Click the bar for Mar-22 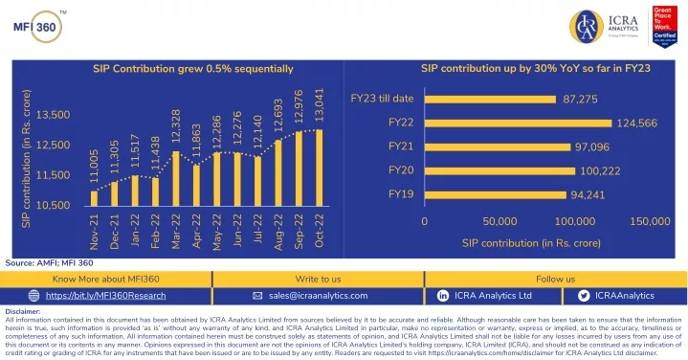coord(175,179)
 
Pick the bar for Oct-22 coord(319,167)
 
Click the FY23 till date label coord(382,99)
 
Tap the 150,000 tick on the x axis coord(651,221)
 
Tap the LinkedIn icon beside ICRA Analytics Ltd coord(443,296)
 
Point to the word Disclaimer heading coord(23,311)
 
